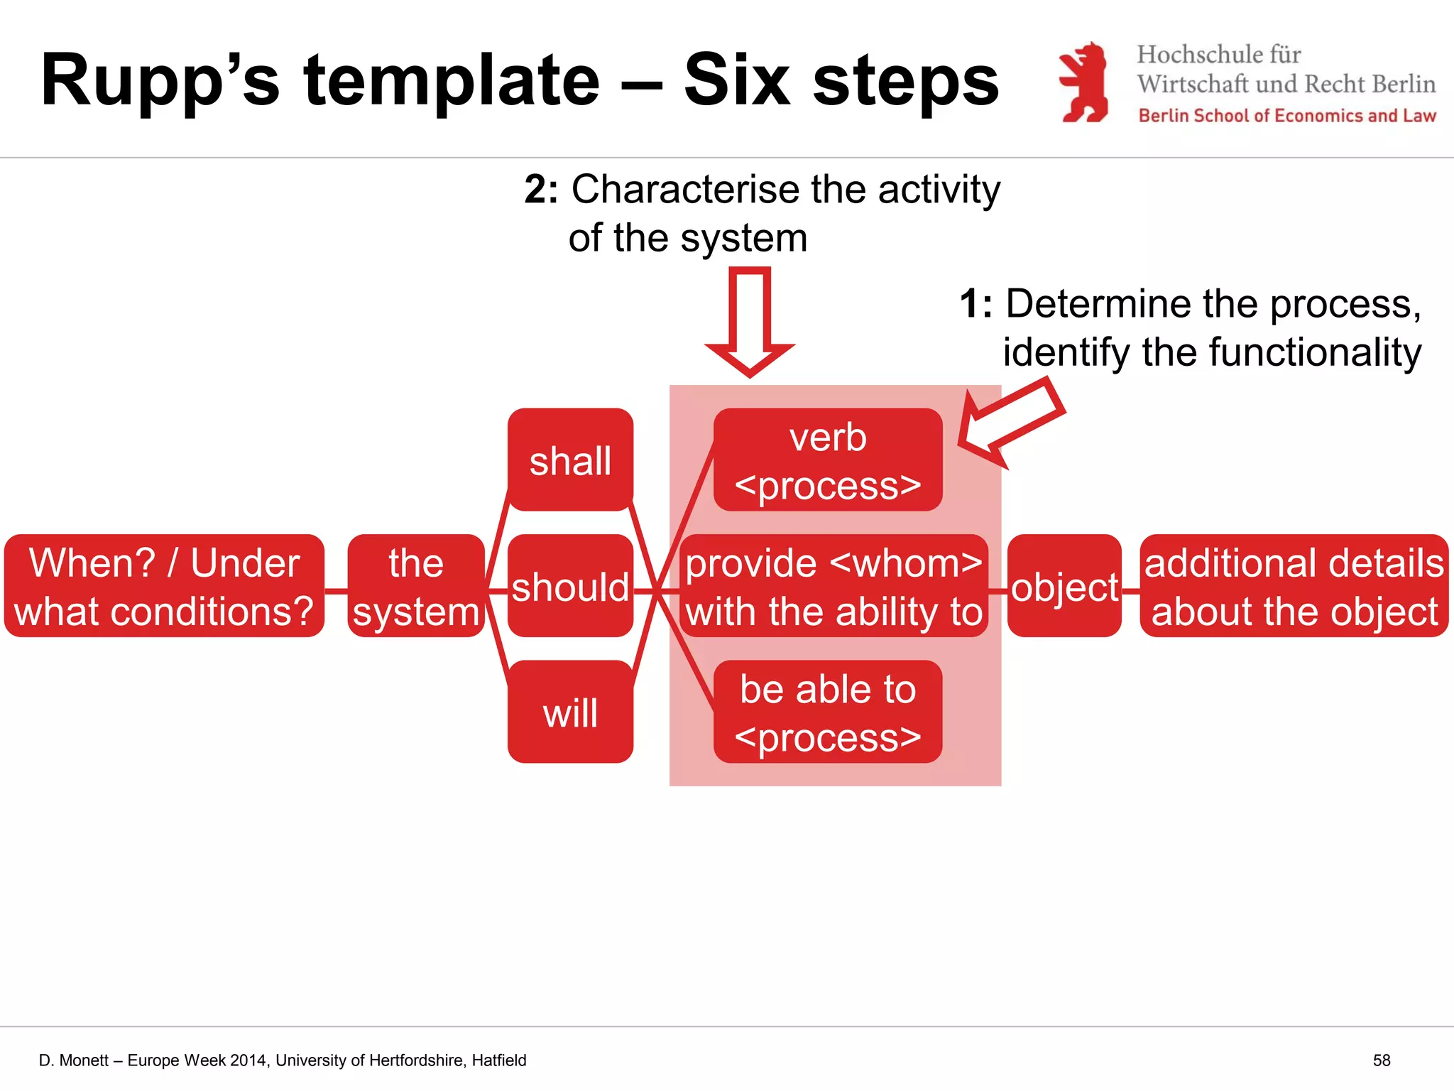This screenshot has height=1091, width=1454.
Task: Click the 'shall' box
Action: point(570,460)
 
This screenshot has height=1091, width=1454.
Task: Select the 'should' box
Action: point(570,586)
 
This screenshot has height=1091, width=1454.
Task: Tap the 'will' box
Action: point(570,712)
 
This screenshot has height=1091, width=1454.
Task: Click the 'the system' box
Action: point(416,586)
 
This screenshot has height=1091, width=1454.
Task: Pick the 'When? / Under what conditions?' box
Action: point(164,586)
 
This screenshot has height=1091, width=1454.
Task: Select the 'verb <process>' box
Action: point(827,460)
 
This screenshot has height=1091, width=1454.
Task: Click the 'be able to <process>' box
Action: point(827,712)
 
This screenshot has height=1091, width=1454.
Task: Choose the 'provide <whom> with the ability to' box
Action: point(833,586)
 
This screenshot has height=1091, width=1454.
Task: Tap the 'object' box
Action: point(1064,586)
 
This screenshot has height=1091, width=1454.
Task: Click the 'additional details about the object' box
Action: point(1294,586)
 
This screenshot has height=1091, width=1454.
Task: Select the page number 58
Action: point(1381,1060)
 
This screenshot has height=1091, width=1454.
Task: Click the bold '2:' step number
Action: point(542,190)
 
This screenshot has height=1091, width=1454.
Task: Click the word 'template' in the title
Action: point(452,80)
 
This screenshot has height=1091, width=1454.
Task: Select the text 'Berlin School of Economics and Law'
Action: point(1287,116)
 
